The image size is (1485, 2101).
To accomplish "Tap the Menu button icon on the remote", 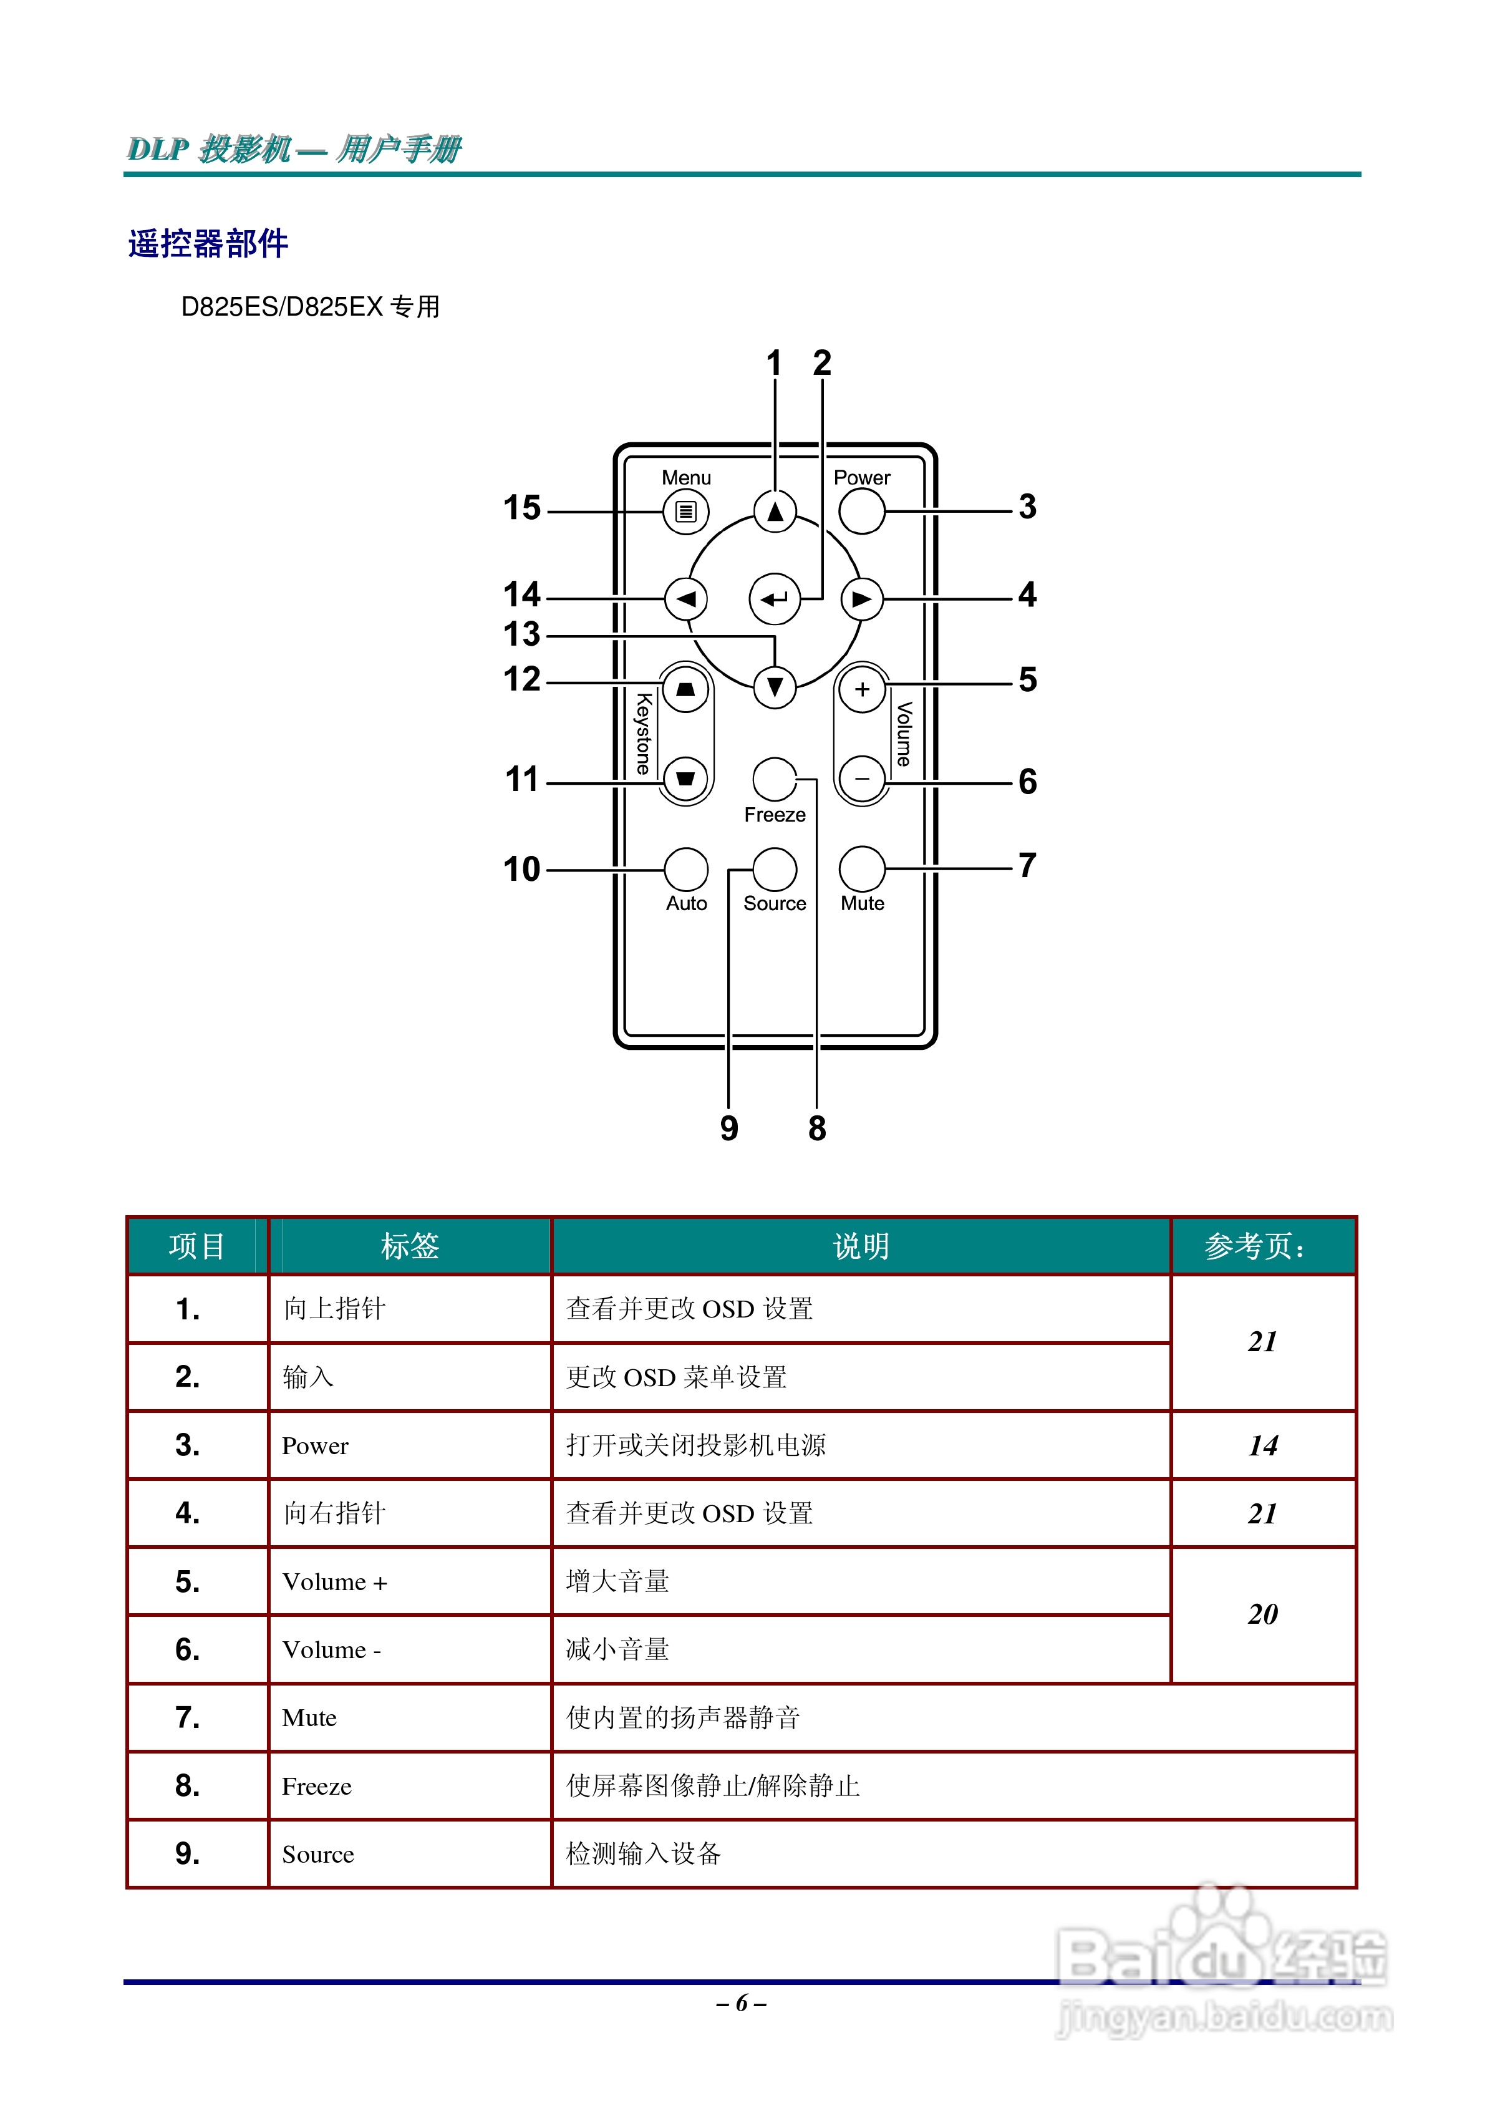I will tap(685, 512).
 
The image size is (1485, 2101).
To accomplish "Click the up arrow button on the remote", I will tap(775, 512).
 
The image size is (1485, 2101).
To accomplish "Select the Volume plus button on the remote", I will tap(862, 689).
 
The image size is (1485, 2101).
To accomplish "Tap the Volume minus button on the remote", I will tap(862, 779).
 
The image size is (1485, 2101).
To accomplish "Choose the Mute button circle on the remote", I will tap(862, 868).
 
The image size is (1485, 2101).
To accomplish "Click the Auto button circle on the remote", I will tap(685, 868).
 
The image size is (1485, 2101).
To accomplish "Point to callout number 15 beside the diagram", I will tap(523, 508).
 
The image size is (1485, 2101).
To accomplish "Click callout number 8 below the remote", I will tap(817, 1128).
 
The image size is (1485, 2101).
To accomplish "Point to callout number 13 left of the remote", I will tap(523, 633).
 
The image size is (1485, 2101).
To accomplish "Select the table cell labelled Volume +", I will tap(335, 1582).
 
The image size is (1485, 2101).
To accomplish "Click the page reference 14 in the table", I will tap(1263, 1446).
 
